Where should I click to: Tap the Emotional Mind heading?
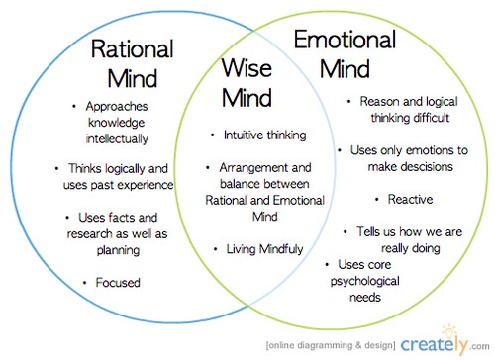(346, 53)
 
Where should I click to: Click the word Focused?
(118, 283)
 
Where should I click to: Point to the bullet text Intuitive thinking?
(264, 135)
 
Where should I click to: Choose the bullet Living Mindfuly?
(265, 249)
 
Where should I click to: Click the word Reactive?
(410, 199)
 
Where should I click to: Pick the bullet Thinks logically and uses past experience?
(120, 176)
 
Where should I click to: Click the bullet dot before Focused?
(86, 284)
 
